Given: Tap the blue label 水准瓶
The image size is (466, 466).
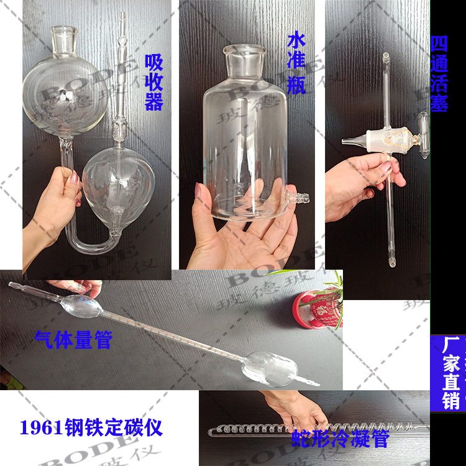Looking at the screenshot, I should pos(296,64).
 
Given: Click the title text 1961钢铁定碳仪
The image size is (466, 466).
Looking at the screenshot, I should pos(91,428).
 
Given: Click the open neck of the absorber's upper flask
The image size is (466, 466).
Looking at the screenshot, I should pos(64,32).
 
